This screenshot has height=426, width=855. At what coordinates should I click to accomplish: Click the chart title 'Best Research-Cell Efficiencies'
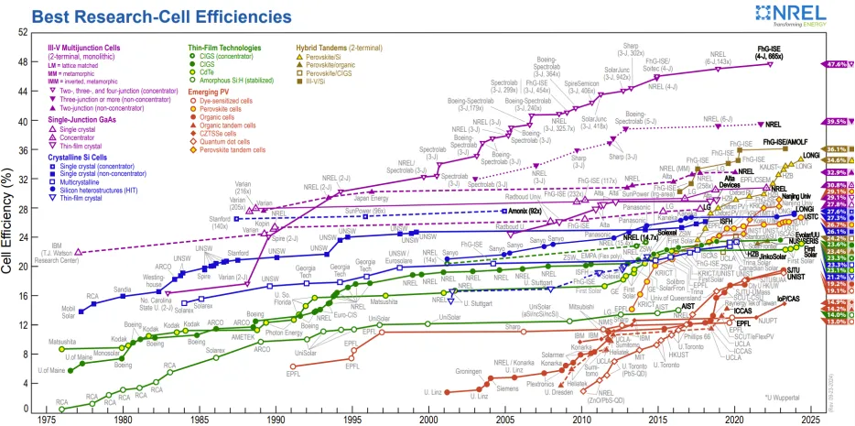161,16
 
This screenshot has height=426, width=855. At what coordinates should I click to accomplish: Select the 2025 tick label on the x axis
810,419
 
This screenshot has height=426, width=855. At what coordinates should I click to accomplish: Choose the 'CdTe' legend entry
208,72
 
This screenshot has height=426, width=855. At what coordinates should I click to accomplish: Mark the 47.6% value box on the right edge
834,65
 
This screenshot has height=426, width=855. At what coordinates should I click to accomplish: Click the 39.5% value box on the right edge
834,122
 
